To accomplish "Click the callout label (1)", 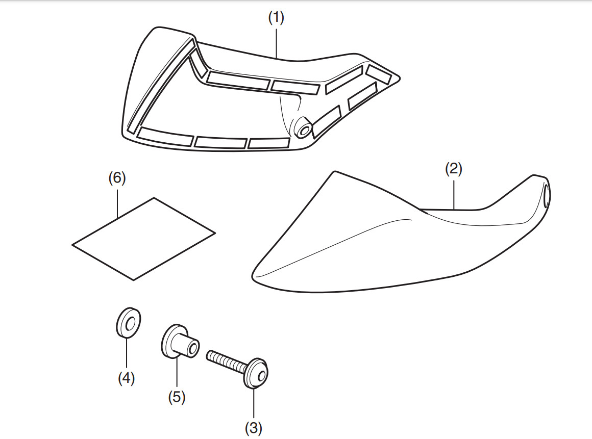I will point(276,17).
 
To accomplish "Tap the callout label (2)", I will point(453,169).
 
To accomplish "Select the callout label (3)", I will point(253,429).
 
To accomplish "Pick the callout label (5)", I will point(177,397).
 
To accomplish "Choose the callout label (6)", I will point(117,178).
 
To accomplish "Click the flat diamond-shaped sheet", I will point(143,238).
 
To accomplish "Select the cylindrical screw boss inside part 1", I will point(302,127).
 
